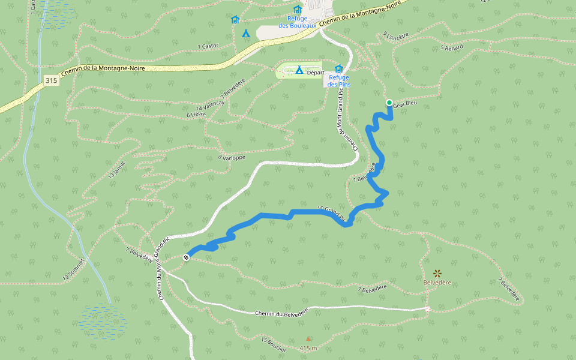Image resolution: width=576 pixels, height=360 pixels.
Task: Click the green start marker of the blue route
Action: coord(389,103)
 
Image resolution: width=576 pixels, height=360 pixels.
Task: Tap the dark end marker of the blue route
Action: coord(187,257)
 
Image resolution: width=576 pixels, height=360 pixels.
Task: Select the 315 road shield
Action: coord(51,80)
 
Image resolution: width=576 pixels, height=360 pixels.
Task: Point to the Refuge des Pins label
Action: coord(339,80)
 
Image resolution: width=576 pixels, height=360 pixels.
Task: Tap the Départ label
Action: coord(316,72)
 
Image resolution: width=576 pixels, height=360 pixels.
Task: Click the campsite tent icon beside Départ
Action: coord(299,70)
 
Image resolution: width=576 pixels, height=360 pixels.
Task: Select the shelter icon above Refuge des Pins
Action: coord(339,68)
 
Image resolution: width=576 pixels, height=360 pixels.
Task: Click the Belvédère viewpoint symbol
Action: coord(437,273)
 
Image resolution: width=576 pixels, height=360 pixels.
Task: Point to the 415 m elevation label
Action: coord(308,348)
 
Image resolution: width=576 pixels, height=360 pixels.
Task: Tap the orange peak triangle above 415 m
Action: coord(308,338)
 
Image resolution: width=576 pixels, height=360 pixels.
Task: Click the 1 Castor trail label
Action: coord(208,46)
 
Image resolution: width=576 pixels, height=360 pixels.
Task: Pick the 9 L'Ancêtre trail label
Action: coord(395,37)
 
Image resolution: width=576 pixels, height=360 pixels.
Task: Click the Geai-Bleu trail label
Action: coord(404,104)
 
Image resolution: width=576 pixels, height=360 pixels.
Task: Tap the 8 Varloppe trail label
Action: coord(232,158)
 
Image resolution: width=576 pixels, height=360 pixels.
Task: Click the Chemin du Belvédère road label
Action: coord(281,313)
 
